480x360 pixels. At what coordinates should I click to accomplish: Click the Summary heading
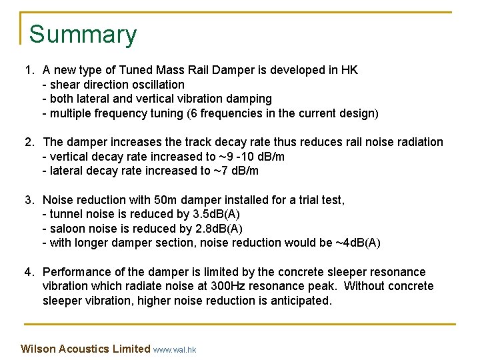(83, 35)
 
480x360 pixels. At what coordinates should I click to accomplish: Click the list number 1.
(29, 70)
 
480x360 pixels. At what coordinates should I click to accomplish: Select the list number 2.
(29, 142)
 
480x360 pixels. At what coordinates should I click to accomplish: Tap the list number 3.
(29, 200)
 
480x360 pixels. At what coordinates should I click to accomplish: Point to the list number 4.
(29, 272)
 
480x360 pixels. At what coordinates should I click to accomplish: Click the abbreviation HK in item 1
(349, 70)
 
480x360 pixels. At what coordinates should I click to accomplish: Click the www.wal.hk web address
(175, 349)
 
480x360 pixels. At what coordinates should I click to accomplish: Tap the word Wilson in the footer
(37, 349)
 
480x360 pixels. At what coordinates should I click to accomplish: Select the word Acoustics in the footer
(84, 349)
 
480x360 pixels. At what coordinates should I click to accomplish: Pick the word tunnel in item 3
(65, 214)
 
